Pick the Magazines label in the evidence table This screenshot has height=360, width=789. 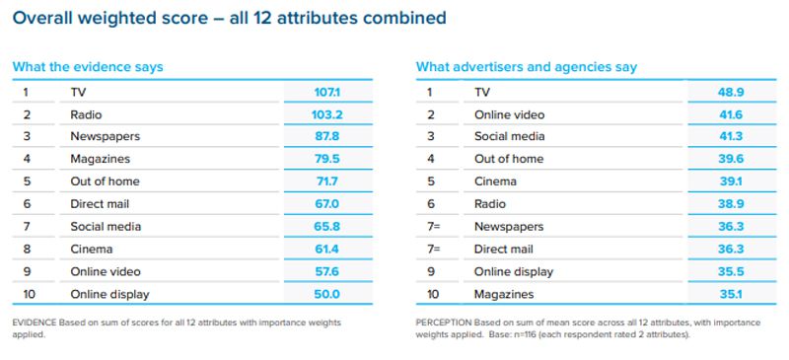tap(100, 159)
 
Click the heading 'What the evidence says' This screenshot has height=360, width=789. tap(87, 67)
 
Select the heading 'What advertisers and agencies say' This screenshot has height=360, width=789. tap(527, 67)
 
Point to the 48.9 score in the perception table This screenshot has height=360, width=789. tap(730, 92)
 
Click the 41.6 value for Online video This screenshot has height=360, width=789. tap(730, 114)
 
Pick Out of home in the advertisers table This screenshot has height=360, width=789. tap(509, 159)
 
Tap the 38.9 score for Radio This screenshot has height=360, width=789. tap(730, 203)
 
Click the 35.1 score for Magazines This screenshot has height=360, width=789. tap(730, 293)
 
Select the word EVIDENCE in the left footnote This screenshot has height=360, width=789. tap(36, 323)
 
